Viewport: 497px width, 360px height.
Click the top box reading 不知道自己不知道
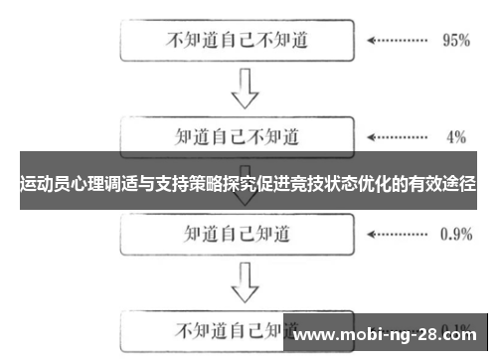(236, 42)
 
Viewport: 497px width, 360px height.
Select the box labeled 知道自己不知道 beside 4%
(236, 135)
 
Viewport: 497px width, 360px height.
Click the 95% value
(454, 43)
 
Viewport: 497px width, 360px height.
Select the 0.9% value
(455, 236)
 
